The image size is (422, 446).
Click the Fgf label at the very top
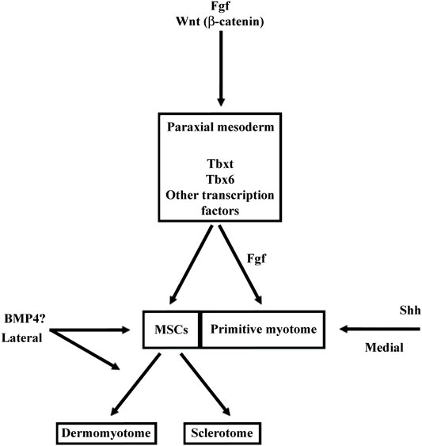pos(220,6)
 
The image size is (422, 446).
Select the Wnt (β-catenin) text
pos(220,21)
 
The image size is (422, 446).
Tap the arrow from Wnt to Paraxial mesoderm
pos(221,69)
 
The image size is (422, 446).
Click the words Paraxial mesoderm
pos(220,127)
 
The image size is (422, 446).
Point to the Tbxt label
pos(220,164)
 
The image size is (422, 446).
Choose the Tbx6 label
pos(220,180)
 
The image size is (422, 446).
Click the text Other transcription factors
pos(220,203)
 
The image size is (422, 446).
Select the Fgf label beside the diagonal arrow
pos(257,259)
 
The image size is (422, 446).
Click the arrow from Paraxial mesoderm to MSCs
pos(191,265)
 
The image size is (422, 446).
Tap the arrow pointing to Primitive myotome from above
pos(240,265)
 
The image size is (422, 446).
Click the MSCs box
pos(172,330)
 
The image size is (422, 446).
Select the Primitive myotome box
pos(263,330)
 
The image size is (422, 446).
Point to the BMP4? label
pos(25,319)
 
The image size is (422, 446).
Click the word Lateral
pos(22,338)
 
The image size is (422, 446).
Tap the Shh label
pos(410,310)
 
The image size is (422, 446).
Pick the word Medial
pos(384,348)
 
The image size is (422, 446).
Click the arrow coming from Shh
pos(379,329)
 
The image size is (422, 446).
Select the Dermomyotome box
pos(106,433)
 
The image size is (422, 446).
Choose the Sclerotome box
pos(222,433)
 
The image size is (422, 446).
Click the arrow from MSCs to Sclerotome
pos(205,384)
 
